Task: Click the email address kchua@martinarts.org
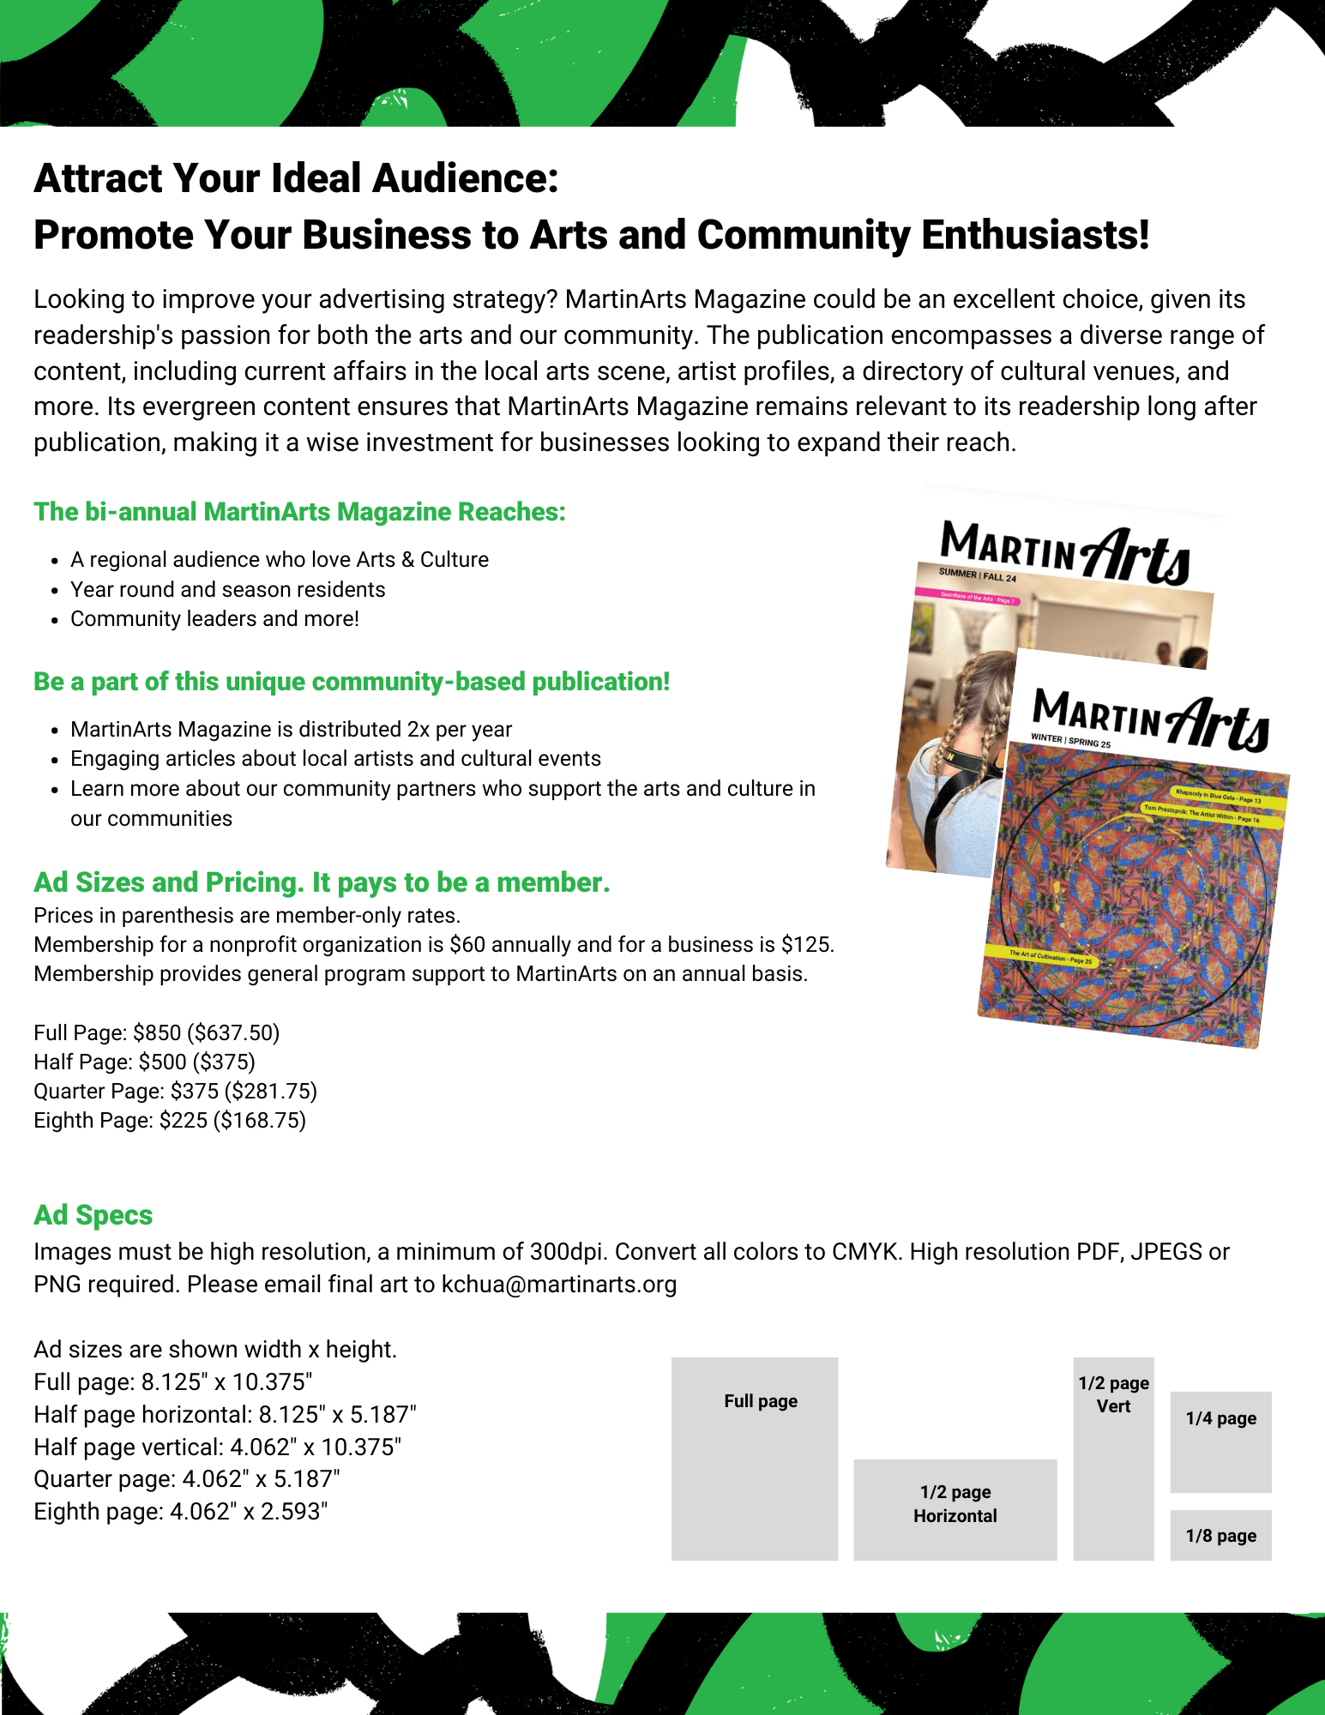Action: click(x=558, y=1285)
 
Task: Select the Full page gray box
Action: click(x=754, y=1458)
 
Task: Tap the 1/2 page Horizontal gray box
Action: click(x=955, y=1509)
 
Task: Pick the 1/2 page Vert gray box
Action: click(x=1113, y=1458)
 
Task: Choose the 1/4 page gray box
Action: click(x=1220, y=1441)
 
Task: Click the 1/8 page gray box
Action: click(x=1220, y=1535)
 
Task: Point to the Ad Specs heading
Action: click(x=93, y=1215)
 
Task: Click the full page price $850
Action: click(x=157, y=1032)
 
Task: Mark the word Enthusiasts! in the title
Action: click(x=1035, y=235)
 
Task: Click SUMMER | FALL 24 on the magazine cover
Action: click(x=977, y=575)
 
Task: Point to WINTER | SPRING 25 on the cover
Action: click(x=1070, y=741)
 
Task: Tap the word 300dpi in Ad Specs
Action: click(x=568, y=1252)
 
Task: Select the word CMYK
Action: click(x=866, y=1252)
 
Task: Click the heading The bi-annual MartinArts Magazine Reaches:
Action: click(x=299, y=512)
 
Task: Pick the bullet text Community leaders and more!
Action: click(x=214, y=619)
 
